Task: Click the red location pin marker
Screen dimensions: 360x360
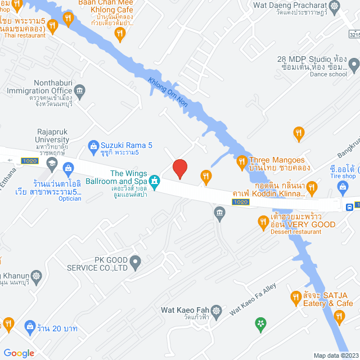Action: (x=179, y=169)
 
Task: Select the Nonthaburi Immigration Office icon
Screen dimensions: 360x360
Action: (x=79, y=89)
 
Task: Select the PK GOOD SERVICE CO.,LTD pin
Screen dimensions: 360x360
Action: (x=135, y=261)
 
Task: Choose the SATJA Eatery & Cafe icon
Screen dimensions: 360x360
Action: (x=295, y=296)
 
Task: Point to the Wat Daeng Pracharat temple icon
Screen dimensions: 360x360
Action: (x=336, y=7)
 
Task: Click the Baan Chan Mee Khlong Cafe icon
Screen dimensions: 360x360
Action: (x=119, y=35)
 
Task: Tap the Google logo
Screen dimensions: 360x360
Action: (x=18, y=353)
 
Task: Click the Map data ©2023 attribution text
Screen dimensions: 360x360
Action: (x=335, y=355)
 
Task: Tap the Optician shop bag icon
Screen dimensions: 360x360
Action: (x=68, y=168)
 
